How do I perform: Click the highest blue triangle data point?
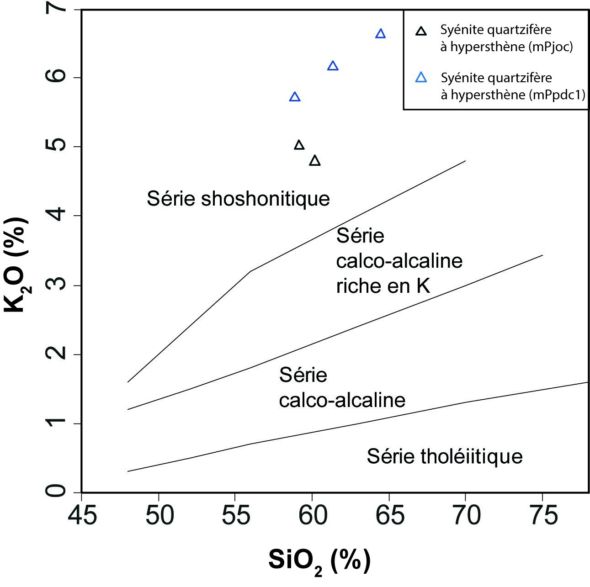tap(380, 34)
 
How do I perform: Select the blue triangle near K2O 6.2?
tap(333, 66)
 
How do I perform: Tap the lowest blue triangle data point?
tap(295, 97)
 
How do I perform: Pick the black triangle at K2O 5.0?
tap(299, 145)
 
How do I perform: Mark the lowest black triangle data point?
tap(315, 161)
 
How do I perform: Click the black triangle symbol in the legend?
tap(421, 32)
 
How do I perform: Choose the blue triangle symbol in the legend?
tap(421, 78)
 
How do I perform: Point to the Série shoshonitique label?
tap(238, 199)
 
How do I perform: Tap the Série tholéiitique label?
tap(445, 456)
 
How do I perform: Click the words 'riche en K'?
tap(383, 286)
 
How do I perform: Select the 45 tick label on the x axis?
tap(82, 515)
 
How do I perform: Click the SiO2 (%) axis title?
tap(319, 561)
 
